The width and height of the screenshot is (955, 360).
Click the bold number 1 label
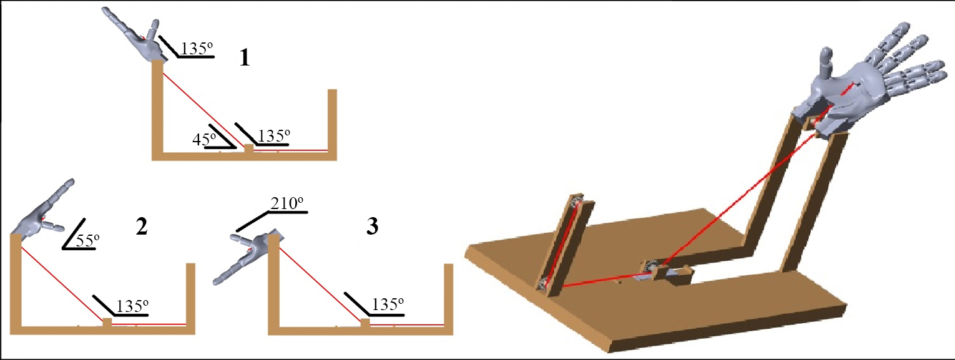244,57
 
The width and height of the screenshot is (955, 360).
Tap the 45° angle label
204,139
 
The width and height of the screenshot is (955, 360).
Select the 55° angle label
87,240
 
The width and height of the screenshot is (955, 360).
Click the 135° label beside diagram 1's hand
197,49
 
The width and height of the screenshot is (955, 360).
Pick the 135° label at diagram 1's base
274,135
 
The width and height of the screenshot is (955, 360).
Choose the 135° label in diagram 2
132,306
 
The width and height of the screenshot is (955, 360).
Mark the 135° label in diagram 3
388,304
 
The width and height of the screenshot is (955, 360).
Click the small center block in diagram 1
248,148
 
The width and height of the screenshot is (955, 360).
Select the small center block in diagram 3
365,323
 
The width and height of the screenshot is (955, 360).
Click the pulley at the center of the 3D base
649,268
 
